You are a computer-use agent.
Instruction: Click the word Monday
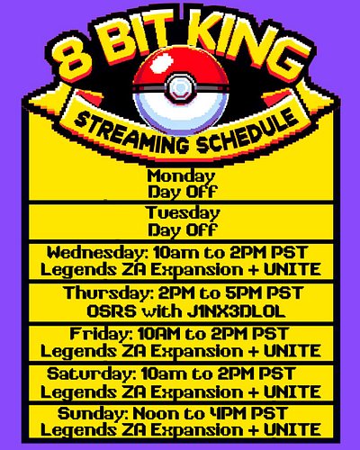[x=181, y=175]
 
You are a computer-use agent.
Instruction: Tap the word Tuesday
[x=181, y=213]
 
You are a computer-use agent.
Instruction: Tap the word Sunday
[x=89, y=413]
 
